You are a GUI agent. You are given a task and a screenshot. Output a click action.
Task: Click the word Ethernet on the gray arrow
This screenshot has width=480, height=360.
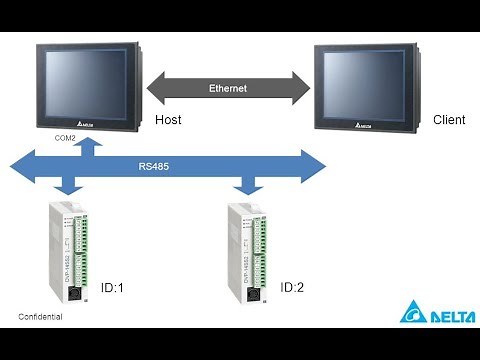point(227,88)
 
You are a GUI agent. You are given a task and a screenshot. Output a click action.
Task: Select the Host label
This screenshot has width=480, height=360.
point(170,120)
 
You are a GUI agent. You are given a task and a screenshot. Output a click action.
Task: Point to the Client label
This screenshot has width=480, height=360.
point(449,120)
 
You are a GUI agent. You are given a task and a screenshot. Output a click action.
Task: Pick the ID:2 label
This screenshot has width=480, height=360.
point(292,288)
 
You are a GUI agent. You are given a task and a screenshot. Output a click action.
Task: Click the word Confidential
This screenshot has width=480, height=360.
point(40,317)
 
